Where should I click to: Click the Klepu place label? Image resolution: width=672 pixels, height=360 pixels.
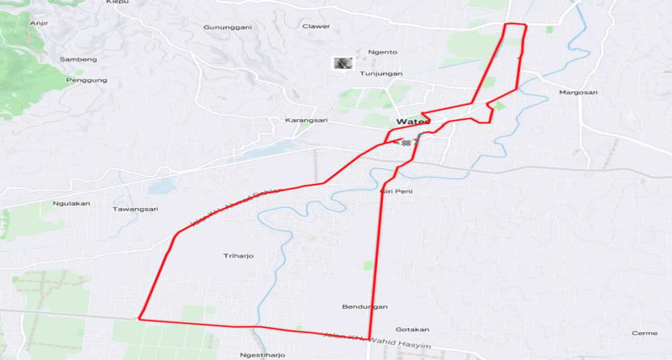[x=117, y=2]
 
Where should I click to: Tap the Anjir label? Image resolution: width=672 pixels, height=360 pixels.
[x=38, y=23]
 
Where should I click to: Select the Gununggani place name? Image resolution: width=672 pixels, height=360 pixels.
[x=227, y=27]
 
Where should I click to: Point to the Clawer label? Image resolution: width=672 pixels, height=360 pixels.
[x=316, y=26]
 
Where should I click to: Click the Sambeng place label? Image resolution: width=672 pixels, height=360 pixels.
[x=78, y=59]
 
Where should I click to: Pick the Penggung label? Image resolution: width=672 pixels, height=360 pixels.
[x=86, y=80]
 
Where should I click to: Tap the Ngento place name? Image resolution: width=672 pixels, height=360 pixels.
[x=382, y=52]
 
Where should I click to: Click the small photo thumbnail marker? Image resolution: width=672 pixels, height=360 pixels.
[x=342, y=62]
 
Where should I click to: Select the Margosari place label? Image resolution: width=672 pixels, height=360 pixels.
[x=578, y=92]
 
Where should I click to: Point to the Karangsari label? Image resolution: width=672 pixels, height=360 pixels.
[x=306, y=120]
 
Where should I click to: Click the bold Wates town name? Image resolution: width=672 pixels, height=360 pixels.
[x=414, y=122]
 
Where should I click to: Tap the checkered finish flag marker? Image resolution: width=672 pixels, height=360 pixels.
[x=407, y=142]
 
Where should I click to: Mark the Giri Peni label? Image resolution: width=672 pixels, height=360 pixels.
[x=396, y=191]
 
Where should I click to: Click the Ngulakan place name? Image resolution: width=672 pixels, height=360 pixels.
[x=71, y=203]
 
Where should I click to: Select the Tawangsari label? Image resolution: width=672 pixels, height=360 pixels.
[x=135, y=209]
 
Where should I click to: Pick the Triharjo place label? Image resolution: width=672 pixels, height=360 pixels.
[x=238, y=256]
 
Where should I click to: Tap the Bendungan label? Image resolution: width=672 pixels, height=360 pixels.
[x=365, y=306]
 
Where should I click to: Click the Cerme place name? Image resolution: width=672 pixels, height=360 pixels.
[x=645, y=333]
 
